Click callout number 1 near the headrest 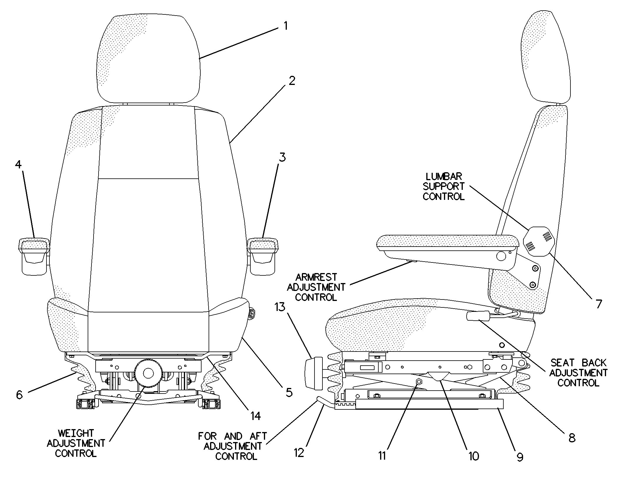[285, 26]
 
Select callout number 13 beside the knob [280, 307]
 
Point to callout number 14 [255, 416]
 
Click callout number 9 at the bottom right [520, 457]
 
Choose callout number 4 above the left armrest [18, 165]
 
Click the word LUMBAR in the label [444, 177]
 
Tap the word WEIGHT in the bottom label [76, 433]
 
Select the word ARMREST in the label [316, 277]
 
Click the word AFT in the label [259, 436]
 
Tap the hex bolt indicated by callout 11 [419, 381]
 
